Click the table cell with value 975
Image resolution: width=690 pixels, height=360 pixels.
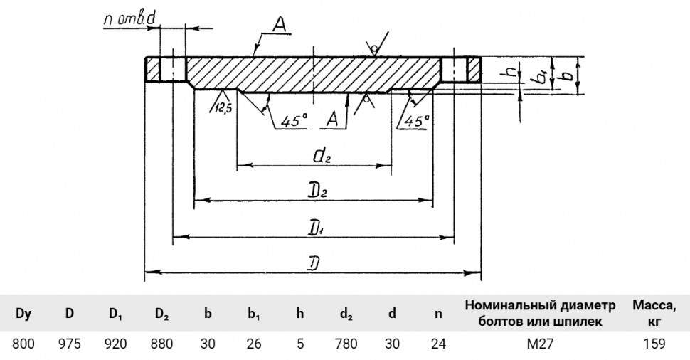tap(70, 344)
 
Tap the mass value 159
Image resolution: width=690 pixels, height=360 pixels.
tap(654, 344)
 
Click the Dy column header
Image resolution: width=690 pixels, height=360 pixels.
tap(23, 314)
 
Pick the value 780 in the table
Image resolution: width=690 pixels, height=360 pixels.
tap(346, 344)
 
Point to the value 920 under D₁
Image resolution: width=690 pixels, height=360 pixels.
tap(116, 344)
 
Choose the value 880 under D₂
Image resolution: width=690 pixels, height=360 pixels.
tap(161, 344)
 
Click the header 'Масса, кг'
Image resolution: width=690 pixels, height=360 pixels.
tap(654, 313)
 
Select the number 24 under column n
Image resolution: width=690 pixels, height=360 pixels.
tap(438, 344)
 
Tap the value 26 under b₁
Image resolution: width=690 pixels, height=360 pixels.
tap(254, 344)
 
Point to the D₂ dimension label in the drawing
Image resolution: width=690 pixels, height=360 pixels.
tap(319, 191)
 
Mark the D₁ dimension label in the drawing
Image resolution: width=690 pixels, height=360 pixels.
tap(314, 228)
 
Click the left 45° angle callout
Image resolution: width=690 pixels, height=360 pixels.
tap(294, 121)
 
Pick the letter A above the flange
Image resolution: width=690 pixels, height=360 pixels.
tap(279, 26)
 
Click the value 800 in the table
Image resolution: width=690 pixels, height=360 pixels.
tap(23, 344)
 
